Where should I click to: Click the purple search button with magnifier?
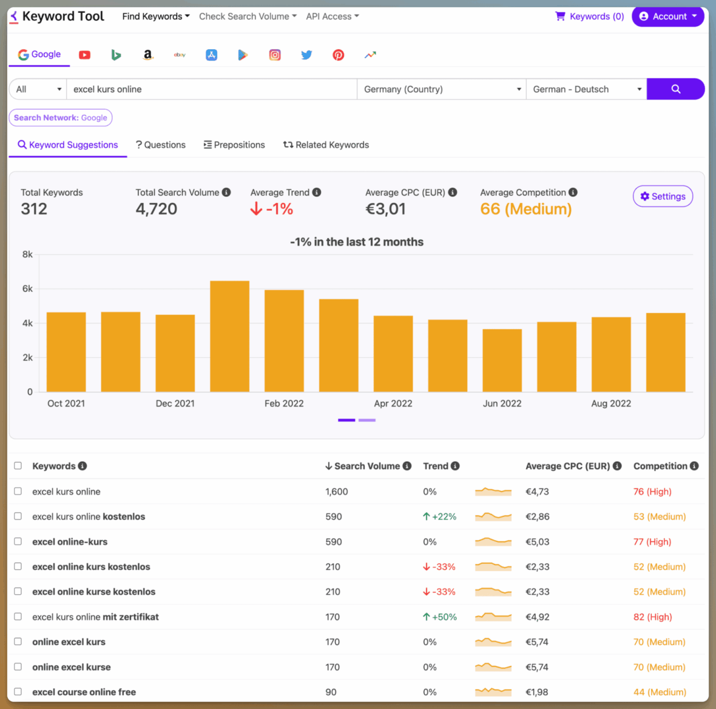(675, 89)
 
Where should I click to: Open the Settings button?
(663, 196)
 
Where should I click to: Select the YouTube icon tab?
(84, 55)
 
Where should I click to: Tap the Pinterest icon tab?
(338, 55)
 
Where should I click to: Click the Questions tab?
(161, 145)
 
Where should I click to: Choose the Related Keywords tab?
(326, 145)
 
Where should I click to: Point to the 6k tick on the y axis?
(27, 289)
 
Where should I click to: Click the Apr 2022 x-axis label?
(393, 403)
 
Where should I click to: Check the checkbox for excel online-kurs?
(18, 541)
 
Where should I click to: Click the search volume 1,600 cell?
(336, 492)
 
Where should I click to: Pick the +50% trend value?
(440, 617)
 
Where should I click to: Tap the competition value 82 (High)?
(652, 617)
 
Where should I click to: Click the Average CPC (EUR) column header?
(567, 466)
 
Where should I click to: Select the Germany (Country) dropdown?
(441, 89)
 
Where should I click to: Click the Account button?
(667, 16)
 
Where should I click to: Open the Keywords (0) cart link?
(590, 16)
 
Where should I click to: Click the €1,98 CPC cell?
(536, 692)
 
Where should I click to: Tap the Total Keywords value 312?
(34, 209)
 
